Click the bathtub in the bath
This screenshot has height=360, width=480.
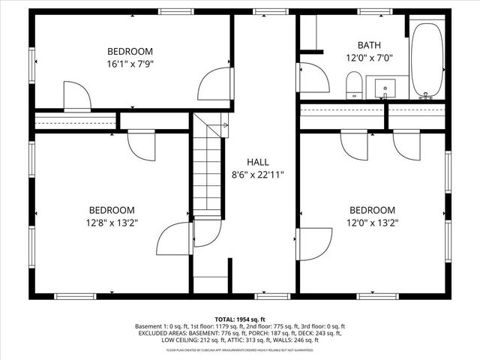click(x=428, y=60)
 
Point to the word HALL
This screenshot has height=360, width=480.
click(x=257, y=162)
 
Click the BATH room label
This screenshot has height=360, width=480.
click(x=369, y=45)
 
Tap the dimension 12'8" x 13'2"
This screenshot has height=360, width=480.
click(x=112, y=223)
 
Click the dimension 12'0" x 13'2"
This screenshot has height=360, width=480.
click(x=372, y=223)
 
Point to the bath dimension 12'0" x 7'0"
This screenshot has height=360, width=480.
click(x=369, y=58)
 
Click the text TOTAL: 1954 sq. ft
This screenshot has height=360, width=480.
click(x=240, y=319)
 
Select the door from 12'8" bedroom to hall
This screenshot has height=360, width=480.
click(x=172, y=240)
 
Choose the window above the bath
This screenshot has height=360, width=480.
click(x=369, y=11)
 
